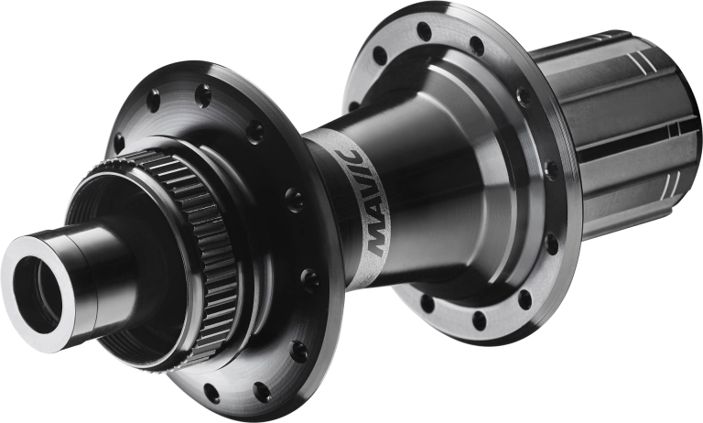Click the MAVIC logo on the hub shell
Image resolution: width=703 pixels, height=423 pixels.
pyautogui.click(x=365, y=202)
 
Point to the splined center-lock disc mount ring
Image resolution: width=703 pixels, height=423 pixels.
pyautogui.click(x=198, y=251)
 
